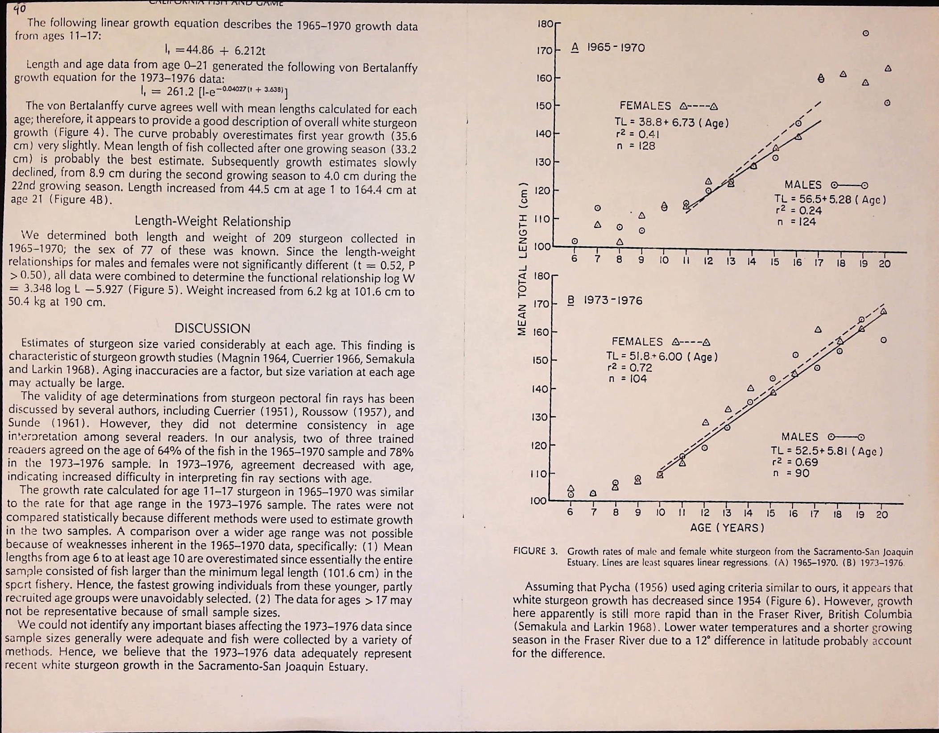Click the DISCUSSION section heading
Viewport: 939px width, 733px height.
pos(212,328)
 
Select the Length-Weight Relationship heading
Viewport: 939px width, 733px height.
pos(212,221)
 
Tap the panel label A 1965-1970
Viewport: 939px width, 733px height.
pos(608,48)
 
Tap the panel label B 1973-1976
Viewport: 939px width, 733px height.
pos(604,300)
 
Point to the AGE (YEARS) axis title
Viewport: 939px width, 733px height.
pos(727,528)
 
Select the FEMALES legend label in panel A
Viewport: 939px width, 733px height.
pos(645,106)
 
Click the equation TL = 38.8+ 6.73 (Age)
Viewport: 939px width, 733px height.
pos(671,123)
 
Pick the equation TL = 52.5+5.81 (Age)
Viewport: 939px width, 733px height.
pos(827,451)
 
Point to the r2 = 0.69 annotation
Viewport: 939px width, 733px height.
pos(797,462)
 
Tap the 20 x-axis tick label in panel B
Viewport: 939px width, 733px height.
pos(881,515)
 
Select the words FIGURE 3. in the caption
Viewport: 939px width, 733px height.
pos(535,551)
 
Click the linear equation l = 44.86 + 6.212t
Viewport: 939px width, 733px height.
pos(215,50)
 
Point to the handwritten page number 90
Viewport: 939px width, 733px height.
pos(20,8)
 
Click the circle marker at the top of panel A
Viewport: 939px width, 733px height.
pos(865,33)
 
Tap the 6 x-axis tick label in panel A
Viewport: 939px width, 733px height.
pos(575,259)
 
